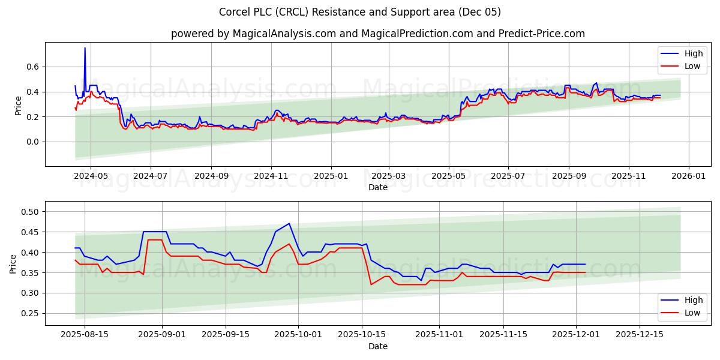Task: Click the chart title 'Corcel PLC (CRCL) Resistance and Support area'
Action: tap(360, 12)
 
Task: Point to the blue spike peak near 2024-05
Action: tap(85, 48)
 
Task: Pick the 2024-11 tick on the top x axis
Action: tap(271, 176)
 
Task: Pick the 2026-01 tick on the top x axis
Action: tap(688, 176)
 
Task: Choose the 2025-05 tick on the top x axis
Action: tap(449, 176)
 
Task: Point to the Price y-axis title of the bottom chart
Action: tap(13, 263)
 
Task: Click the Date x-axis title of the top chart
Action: tap(378, 187)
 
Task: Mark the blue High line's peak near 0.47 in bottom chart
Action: tap(289, 224)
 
